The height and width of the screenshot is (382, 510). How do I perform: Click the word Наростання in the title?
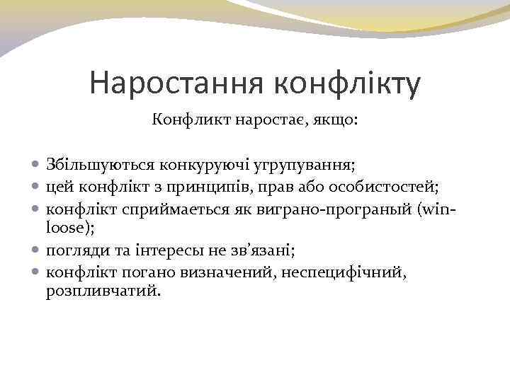(176, 83)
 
